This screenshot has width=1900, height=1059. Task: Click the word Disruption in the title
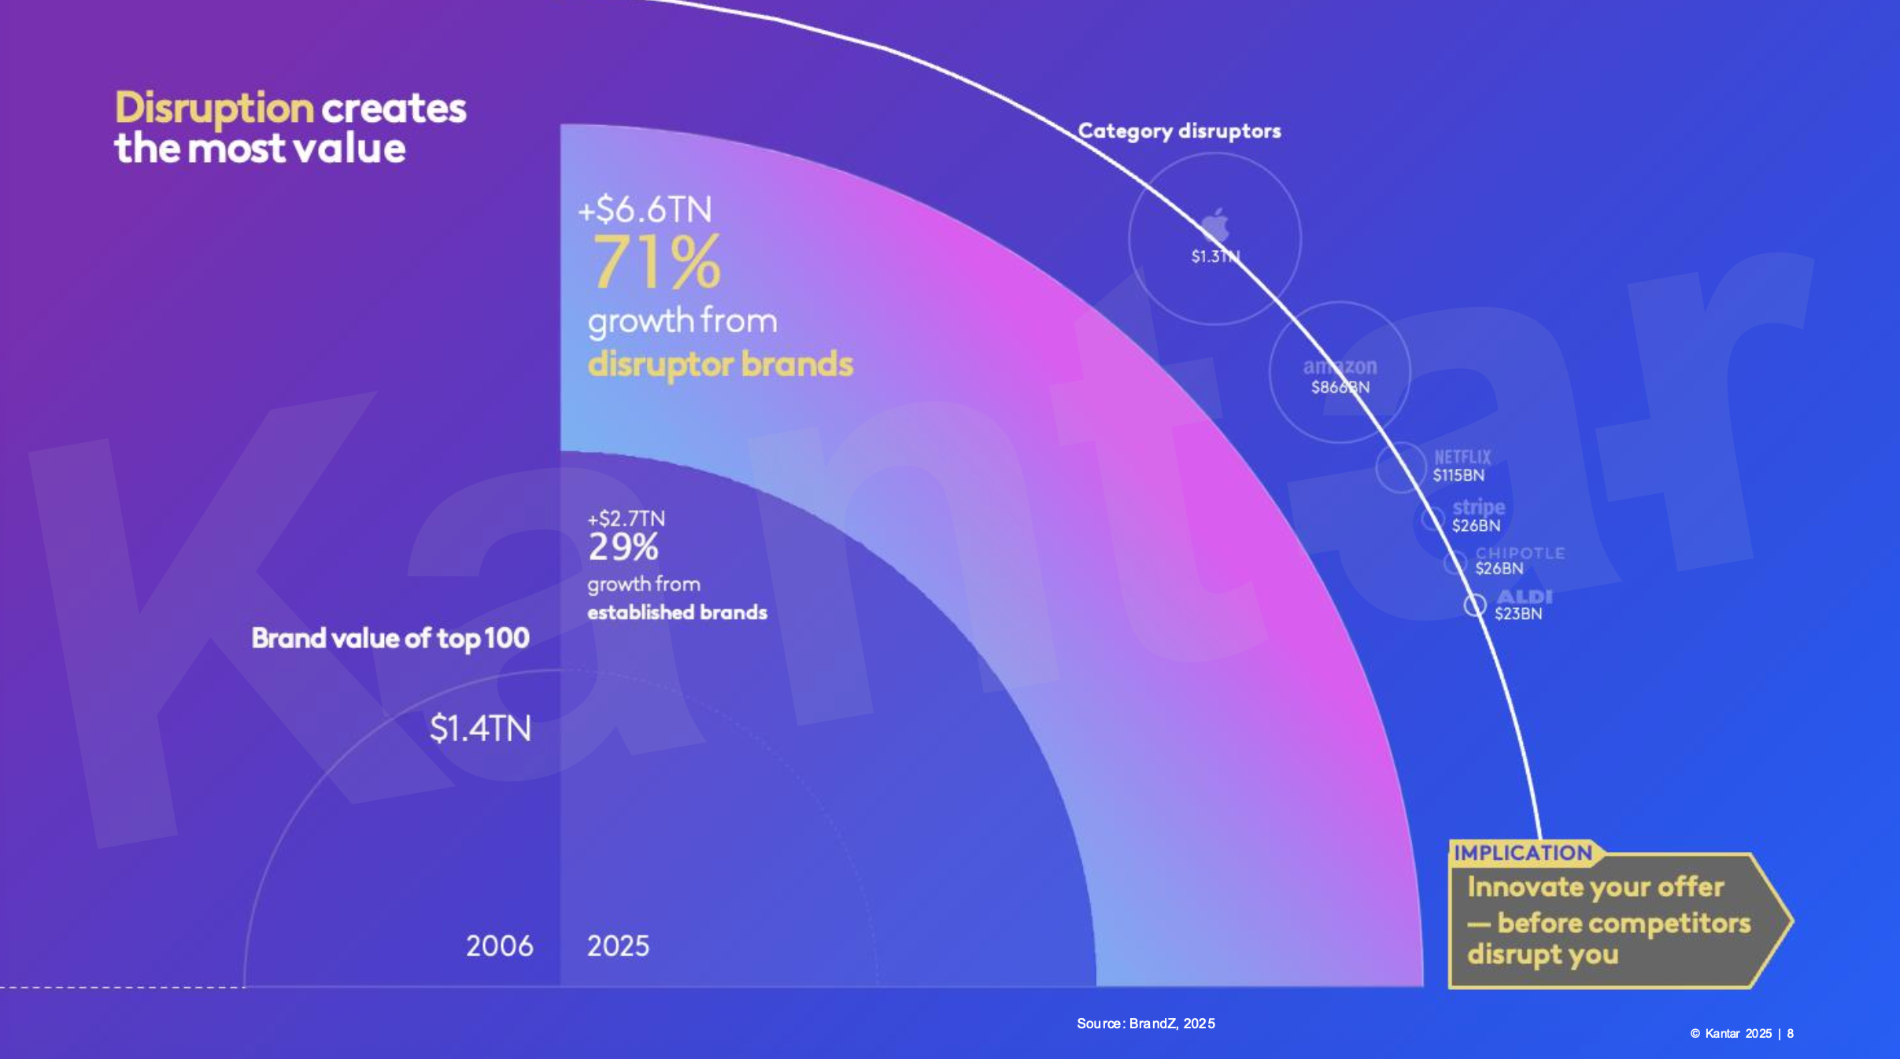coord(214,108)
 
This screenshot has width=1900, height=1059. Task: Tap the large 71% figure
coord(656,262)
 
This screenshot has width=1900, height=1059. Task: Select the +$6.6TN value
coord(645,210)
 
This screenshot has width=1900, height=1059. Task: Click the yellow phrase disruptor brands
coord(720,364)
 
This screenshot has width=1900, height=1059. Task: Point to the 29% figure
coord(623,547)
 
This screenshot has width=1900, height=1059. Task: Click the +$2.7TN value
coord(627,518)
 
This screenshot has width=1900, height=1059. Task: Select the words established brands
coord(677,612)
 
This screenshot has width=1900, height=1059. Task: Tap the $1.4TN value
coord(480,729)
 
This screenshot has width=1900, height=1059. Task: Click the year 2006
coord(499,946)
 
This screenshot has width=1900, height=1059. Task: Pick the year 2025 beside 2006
coord(618,946)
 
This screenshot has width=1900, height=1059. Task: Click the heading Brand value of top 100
coord(390,638)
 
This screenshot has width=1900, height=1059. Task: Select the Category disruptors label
coord(1179,131)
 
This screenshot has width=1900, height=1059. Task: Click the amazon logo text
coord(1340,367)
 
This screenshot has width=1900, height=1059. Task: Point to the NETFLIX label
coord(1462,457)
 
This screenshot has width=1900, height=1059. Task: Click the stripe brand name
coord(1478,507)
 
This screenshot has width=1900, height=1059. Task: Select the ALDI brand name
coord(1524,596)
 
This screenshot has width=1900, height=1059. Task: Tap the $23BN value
coord(1518,614)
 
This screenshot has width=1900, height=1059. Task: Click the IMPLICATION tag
coord(1522,853)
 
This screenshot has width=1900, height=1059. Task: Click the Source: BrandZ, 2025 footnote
coord(1146,1024)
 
